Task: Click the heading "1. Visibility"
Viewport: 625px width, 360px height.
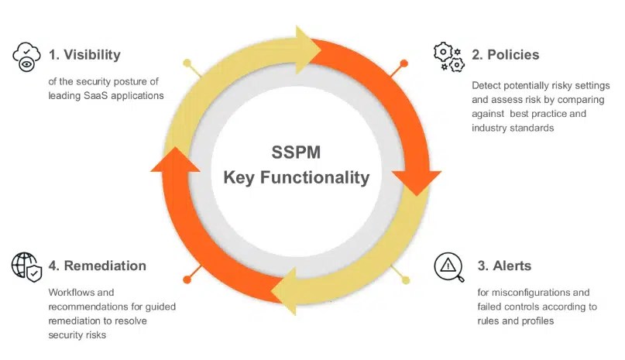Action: (84, 55)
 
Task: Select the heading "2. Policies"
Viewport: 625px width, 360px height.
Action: (506, 55)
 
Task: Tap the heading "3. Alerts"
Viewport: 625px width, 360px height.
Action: (504, 266)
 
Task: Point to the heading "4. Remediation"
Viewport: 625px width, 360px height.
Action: (97, 266)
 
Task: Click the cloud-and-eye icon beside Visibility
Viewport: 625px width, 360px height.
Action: (26, 57)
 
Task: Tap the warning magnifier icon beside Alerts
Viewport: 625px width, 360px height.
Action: (449, 267)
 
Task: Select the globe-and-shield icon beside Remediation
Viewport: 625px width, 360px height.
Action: (26, 266)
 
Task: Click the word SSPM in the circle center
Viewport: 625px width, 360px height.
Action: (297, 152)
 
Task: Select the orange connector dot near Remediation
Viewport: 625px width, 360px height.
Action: (187, 279)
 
